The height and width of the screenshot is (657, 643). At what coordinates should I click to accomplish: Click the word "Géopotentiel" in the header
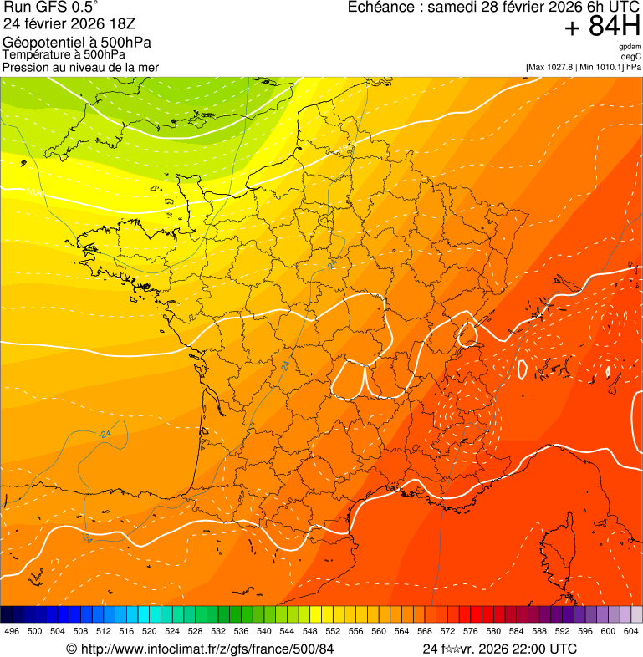click(x=40, y=43)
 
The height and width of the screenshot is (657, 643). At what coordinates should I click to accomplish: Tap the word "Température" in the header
click(x=37, y=54)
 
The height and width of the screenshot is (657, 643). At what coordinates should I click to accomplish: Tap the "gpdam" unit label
click(x=630, y=47)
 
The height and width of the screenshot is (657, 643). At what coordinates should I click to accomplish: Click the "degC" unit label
click(x=631, y=56)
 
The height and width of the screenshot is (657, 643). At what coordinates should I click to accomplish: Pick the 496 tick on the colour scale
click(x=12, y=631)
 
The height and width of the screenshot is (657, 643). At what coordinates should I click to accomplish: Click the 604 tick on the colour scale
click(x=630, y=631)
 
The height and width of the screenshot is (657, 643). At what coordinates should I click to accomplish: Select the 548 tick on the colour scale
click(x=309, y=631)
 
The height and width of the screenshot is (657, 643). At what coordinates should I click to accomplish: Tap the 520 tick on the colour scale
click(x=149, y=631)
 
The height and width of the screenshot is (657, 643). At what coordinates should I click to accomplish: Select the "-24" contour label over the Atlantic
click(x=104, y=434)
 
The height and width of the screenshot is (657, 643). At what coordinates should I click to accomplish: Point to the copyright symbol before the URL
click(x=72, y=649)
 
